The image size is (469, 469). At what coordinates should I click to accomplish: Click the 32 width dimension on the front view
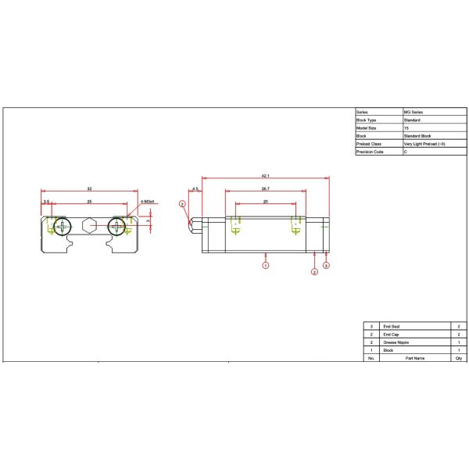tap(90, 189)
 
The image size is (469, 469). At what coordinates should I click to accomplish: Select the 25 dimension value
tap(90, 202)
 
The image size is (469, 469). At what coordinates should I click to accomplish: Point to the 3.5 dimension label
tap(46, 202)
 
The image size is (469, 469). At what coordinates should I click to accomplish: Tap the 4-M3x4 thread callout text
tap(148, 202)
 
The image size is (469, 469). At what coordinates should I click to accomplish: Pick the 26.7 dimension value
tap(265, 189)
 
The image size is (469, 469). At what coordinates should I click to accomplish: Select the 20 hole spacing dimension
tap(265, 202)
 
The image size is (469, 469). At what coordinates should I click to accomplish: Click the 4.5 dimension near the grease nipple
tap(195, 189)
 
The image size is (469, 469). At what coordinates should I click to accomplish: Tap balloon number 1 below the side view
tap(266, 266)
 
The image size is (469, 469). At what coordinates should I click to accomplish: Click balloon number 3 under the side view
tap(327, 267)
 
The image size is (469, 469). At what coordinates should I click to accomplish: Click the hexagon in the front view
tap(90, 227)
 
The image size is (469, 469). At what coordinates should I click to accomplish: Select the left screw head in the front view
tap(61, 227)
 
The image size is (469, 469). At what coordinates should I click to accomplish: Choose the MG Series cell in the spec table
tap(414, 112)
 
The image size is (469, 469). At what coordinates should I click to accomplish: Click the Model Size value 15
tap(406, 127)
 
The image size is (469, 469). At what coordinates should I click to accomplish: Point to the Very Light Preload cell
tap(424, 144)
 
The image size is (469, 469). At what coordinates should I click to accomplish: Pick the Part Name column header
tap(414, 358)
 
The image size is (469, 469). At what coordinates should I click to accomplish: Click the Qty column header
tap(457, 358)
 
